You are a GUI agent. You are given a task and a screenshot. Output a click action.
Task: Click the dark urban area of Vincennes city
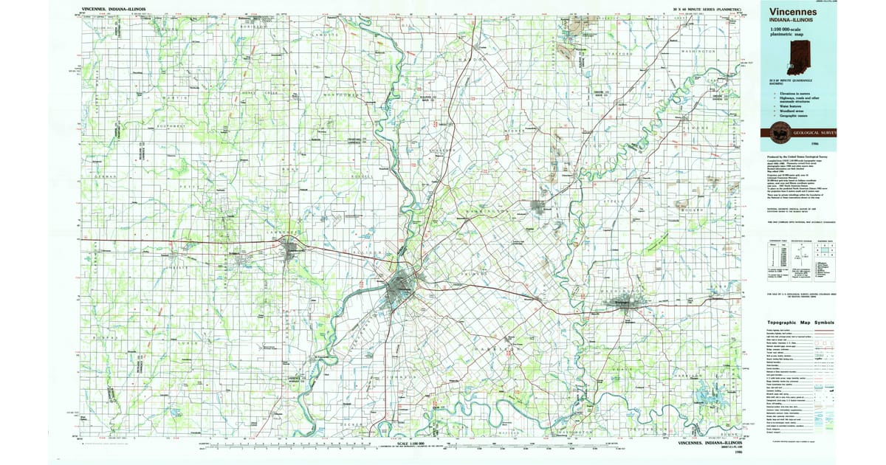403,283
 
